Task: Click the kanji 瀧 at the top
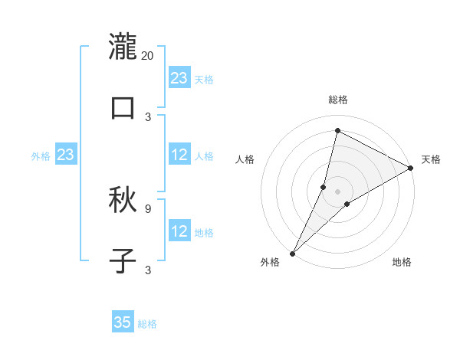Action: coord(123,47)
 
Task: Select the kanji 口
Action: coord(123,108)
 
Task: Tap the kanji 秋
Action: coord(123,200)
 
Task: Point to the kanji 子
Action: coord(123,261)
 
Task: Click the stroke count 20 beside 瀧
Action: coord(148,55)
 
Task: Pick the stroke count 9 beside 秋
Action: coord(148,208)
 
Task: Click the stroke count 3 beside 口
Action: coord(148,116)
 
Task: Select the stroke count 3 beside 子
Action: coord(148,270)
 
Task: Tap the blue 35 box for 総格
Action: coord(123,322)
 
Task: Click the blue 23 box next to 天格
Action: coord(179,78)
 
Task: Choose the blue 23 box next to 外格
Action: coord(66,155)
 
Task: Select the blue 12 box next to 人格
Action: coord(179,155)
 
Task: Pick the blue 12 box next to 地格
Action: coord(179,231)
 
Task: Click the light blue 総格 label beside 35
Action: coord(148,324)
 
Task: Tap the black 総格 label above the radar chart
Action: coord(337,100)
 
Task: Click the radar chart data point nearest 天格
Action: coord(411,169)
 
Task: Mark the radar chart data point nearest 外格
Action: coord(292,253)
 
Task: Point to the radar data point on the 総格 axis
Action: coord(337,131)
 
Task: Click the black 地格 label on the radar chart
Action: coord(402,262)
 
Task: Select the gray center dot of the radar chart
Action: coord(337,191)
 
